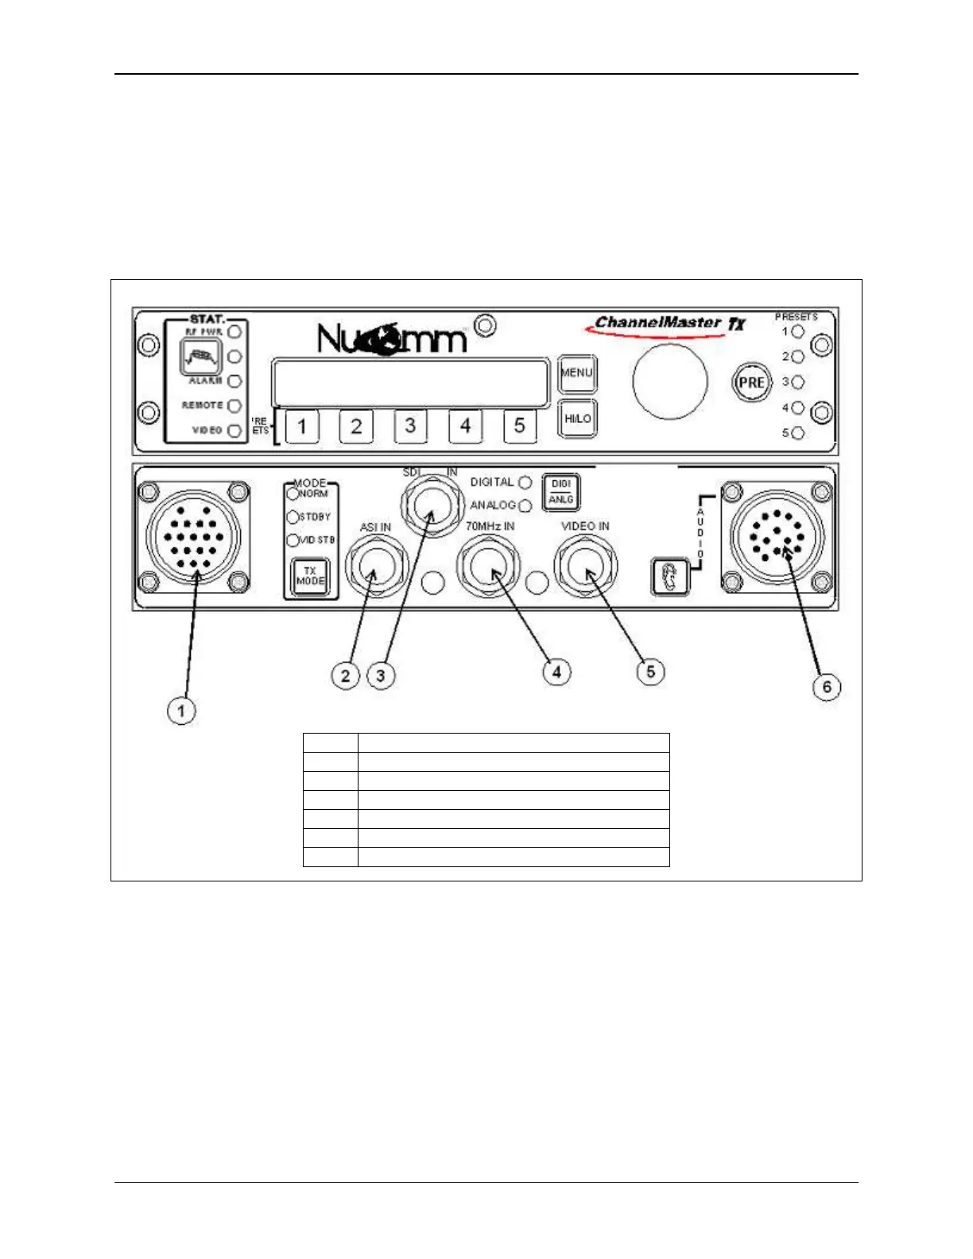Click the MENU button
tap(577, 374)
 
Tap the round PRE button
tap(751, 382)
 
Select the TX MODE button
tap(310, 576)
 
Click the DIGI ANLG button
tap(560, 492)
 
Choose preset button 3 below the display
tap(410, 426)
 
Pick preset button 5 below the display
tap(519, 426)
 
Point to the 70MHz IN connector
tap(488, 566)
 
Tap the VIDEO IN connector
tap(585, 566)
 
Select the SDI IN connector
tap(431, 504)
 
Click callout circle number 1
tap(181, 710)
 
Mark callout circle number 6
tap(827, 687)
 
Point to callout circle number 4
tap(556, 672)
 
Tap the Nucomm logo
tap(391, 338)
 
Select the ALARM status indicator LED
tap(235, 382)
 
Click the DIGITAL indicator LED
tap(525, 482)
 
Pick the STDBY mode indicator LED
tap(293, 517)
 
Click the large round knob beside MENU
tap(669, 382)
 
